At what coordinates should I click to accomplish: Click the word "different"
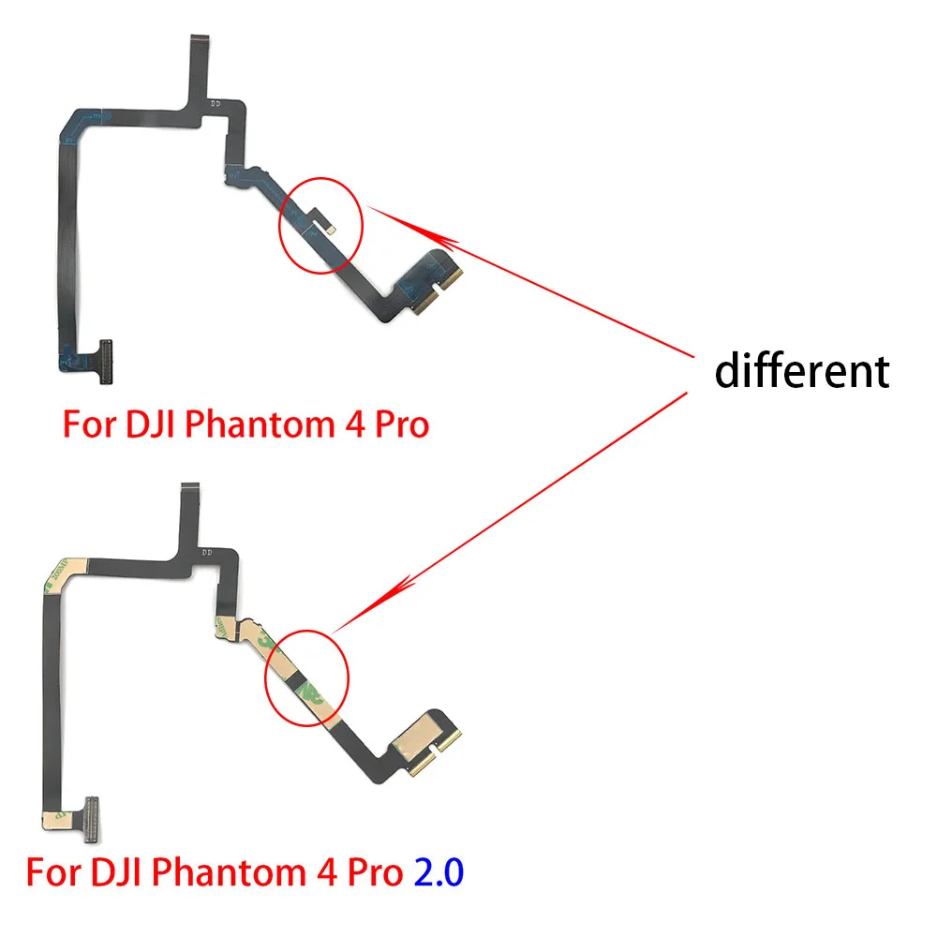[801, 371]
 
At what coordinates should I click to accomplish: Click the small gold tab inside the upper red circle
[330, 226]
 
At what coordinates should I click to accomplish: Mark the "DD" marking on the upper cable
[216, 104]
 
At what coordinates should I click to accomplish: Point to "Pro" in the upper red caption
[394, 424]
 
